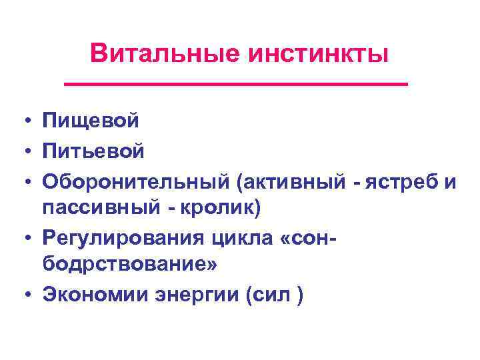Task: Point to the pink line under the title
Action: (235, 84)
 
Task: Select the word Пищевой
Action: (91, 121)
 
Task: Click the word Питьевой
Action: (93, 151)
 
